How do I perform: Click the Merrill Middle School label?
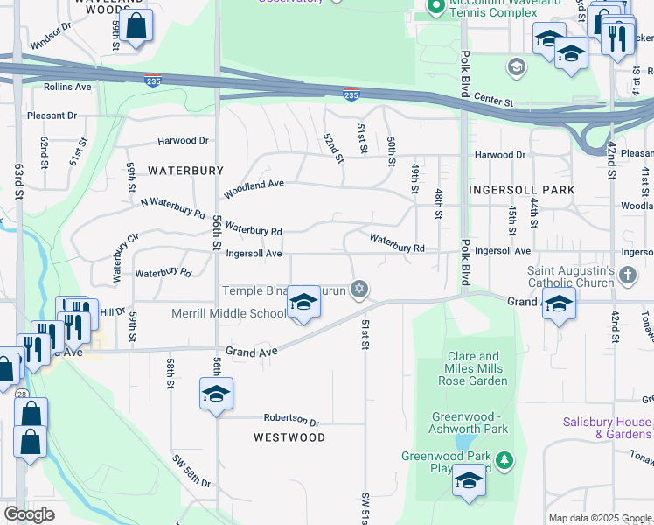(228, 313)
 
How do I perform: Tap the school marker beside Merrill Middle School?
(303, 303)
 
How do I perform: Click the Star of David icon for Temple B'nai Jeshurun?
(358, 289)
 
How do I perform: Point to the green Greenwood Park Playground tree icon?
(504, 459)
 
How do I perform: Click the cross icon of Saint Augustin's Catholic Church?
(628, 276)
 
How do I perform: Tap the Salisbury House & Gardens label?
(607, 428)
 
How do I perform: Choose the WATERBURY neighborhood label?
(185, 170)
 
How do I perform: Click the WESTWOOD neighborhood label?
(289, 437)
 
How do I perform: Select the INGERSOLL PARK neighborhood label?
(522, 190)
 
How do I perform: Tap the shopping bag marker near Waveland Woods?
(137, 26)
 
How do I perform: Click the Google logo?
(29, 514)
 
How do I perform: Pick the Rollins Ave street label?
(67, 87)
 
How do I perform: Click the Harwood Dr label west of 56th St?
(183, 140)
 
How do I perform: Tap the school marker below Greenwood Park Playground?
(469, 480)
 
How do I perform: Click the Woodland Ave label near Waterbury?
(254, 186)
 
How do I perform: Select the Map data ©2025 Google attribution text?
(599, 518)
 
